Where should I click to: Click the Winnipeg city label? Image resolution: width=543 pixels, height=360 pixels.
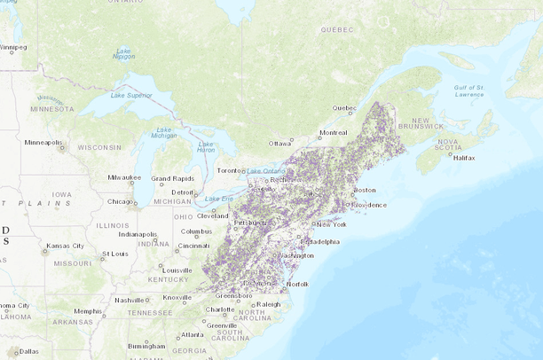[12, 47]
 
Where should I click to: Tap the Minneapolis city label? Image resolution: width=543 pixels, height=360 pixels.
[43, 142]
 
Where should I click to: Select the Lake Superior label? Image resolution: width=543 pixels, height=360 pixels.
[131, 95]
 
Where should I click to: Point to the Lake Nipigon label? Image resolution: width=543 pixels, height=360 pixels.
[123, 53]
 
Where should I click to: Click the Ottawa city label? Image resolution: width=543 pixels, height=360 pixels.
[280, 143]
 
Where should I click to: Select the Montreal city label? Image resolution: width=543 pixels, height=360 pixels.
[334, 133]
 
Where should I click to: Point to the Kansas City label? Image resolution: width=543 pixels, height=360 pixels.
[65, 246]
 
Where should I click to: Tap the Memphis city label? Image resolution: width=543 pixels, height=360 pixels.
[87, 311]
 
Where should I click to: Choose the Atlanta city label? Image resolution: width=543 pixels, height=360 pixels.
[191, 334]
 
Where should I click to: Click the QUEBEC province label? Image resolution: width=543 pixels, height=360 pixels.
[337, 29]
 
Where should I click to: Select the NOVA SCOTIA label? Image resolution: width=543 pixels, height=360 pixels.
[447, 145]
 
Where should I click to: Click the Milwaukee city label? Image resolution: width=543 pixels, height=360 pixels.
[124, 176]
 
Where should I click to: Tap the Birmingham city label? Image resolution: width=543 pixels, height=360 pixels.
[146, 346]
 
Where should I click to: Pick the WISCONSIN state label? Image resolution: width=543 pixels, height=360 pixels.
[98, 147]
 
